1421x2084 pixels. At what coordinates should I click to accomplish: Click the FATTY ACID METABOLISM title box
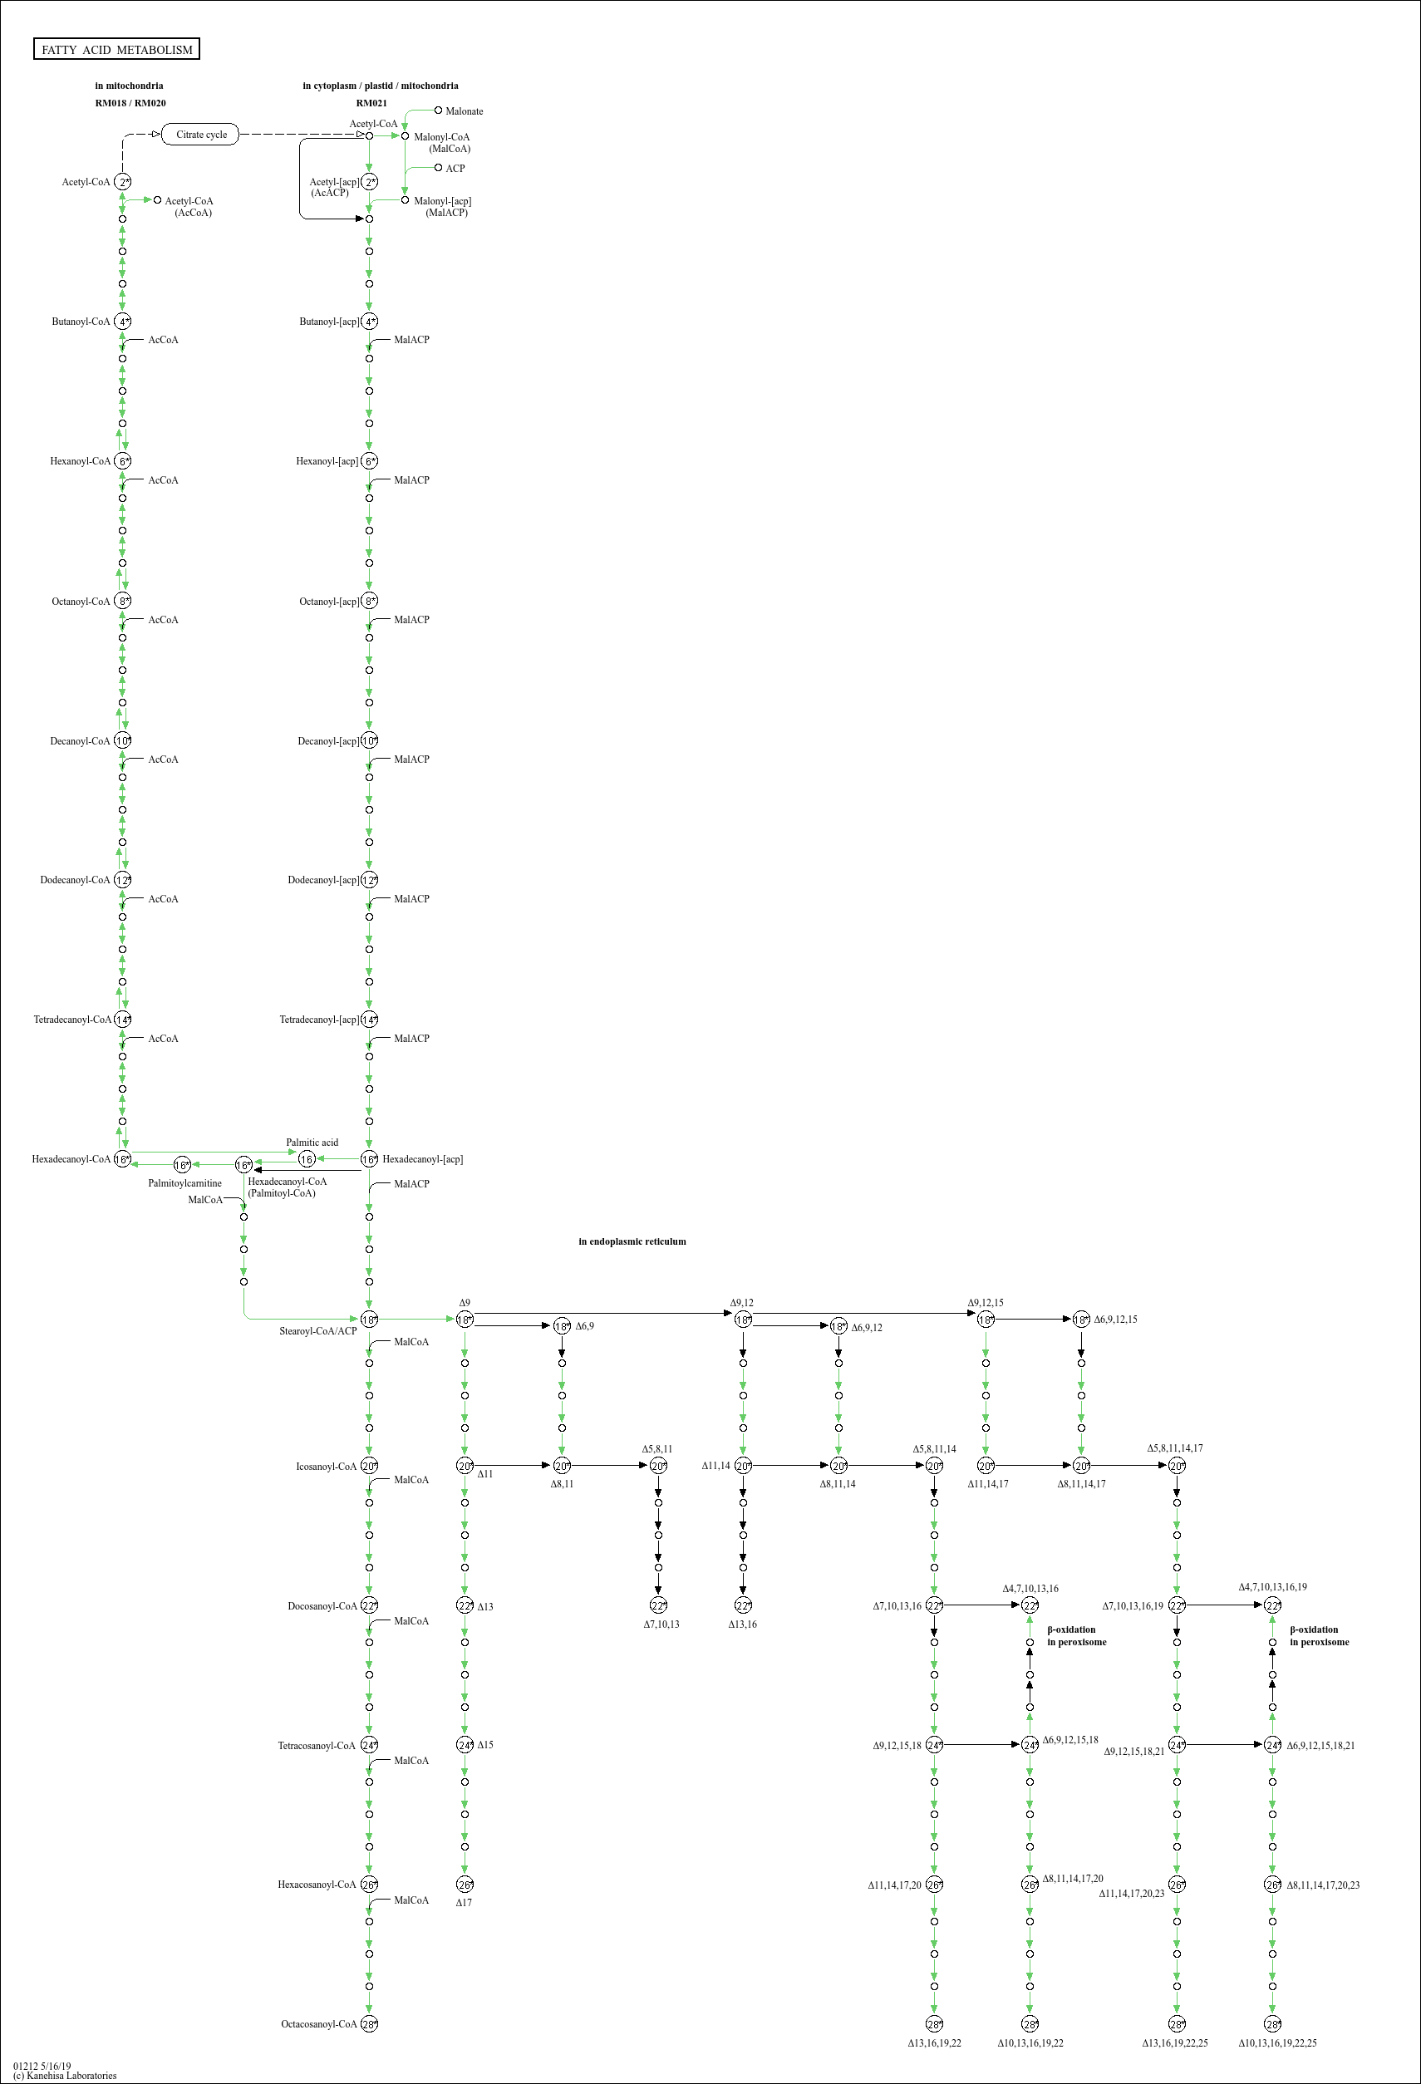point(116,49)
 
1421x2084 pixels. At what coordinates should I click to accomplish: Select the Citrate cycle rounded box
point(201,135)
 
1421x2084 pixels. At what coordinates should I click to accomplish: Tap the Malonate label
point(464,111)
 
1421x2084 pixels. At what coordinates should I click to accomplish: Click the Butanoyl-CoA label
point(81,321)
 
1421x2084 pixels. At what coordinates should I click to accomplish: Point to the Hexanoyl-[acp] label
point(327,461)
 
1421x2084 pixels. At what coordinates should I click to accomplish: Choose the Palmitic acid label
point(312,1143)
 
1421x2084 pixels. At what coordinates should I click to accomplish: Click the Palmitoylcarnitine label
point(184,1182)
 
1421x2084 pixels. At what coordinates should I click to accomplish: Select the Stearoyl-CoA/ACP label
point(317,1330)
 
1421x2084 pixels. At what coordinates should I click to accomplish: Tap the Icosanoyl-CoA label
point(327,1466)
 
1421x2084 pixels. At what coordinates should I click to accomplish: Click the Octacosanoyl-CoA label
point(318,2024)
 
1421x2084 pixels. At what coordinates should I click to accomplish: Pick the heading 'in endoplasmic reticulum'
point(632,1241)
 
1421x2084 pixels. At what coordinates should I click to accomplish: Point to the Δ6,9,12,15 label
point(1115,1319)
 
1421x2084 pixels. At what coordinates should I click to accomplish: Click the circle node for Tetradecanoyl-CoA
point(123,1020)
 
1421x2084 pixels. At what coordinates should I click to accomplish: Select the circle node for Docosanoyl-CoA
point(369,1606)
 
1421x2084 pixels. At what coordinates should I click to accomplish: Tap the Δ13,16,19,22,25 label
point(1174,2042)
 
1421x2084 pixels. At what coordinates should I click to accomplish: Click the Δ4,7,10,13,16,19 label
point(1272,1586)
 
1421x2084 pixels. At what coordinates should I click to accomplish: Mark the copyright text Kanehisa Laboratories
point(65,2075)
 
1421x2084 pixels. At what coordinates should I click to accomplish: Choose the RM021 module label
point(371,103)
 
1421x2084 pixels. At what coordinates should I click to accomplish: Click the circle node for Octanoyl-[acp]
point(369,601)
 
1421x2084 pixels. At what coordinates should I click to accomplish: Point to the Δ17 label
point(464,1902)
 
